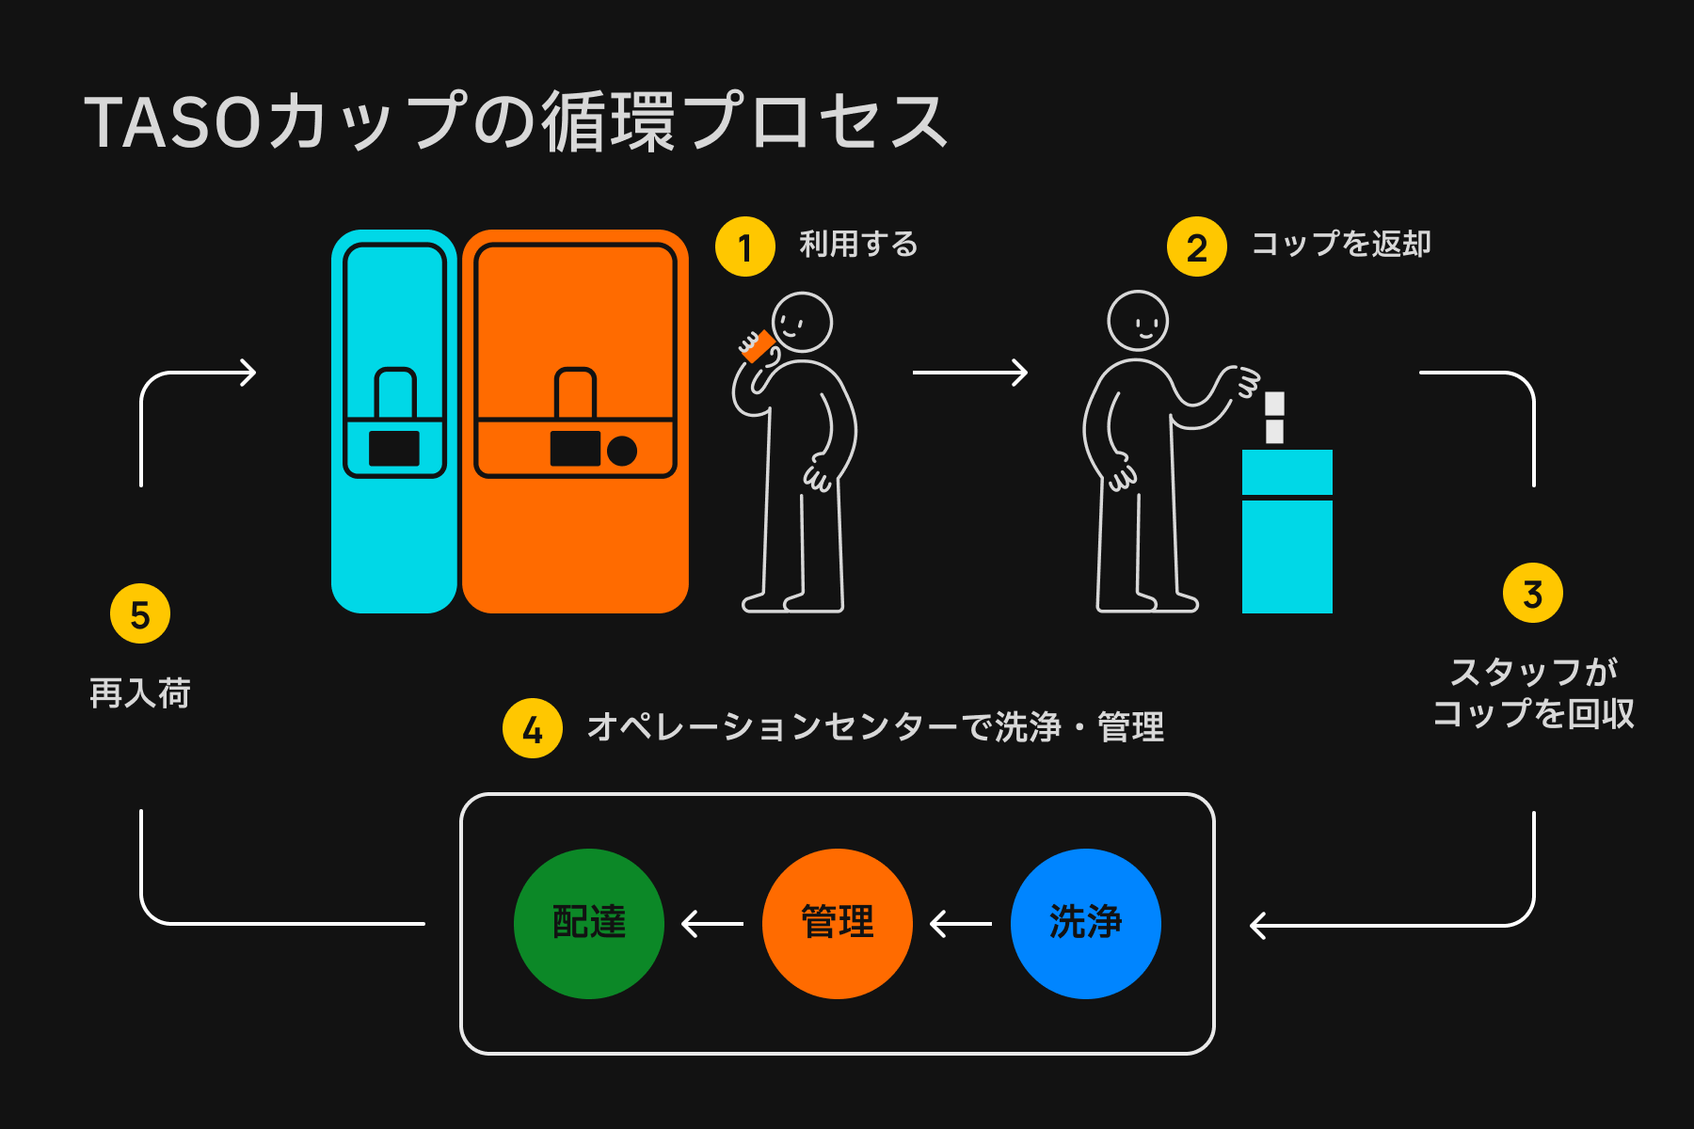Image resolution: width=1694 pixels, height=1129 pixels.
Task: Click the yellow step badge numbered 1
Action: [x=744, y=246]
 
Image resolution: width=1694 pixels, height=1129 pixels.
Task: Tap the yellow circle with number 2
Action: [x=1196, y=246]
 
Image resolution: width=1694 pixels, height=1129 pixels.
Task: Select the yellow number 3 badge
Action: [x=1532, y=593]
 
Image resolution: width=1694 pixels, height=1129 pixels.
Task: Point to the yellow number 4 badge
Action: [x=533, y=728]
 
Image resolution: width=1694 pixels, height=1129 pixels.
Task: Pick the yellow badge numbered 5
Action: [x=140, y=613]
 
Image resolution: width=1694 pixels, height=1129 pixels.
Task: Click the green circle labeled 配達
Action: [x=589, y=923]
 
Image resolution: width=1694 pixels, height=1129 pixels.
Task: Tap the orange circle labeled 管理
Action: [x=837, y=923]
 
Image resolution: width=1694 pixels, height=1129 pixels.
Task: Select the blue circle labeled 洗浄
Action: [x=1085, y=923]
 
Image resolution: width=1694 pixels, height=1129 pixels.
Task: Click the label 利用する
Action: [x=858, y=245]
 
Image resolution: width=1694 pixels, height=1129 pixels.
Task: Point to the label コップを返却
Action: [x=1341, y=245]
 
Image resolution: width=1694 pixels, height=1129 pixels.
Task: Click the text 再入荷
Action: [x=140, y=693]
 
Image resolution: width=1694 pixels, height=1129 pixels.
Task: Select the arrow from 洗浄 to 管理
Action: [x=961, y=924]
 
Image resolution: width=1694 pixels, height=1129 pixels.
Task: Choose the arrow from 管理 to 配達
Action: [x=712, y=924]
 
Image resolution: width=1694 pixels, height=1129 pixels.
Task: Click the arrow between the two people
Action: [x=969, y=373]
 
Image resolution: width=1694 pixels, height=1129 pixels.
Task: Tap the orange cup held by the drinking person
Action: [x=757, y=346]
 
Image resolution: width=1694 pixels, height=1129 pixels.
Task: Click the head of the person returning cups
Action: [x=1138, y=321]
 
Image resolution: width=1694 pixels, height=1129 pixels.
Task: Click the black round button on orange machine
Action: [x=622, y=451]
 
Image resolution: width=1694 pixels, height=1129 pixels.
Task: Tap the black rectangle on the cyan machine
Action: [x=394, y=449]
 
